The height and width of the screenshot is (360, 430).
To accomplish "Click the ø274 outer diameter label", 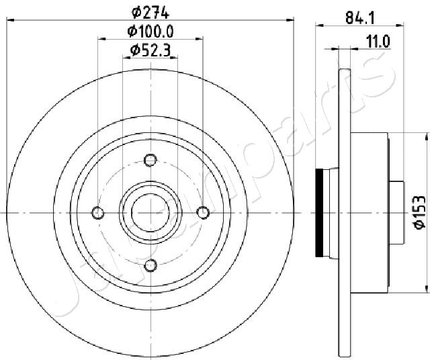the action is tap(150, 13).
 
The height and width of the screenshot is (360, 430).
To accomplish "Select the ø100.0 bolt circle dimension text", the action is tap(150, 32).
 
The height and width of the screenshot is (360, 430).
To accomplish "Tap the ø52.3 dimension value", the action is tap(150, 50).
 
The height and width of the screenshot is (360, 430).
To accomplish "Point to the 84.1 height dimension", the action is tap(360, 19).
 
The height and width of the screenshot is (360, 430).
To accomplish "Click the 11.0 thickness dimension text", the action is tap(378, 42).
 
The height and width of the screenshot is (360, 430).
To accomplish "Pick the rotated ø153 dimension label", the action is tap(420, 212).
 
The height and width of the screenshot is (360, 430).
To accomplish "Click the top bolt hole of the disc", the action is tap(150, 160).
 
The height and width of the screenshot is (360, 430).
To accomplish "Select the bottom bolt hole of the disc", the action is tap(150, 265).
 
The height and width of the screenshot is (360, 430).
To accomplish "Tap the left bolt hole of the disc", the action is tap(98, 213).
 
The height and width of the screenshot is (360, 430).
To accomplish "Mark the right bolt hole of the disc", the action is tap(203, 213).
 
